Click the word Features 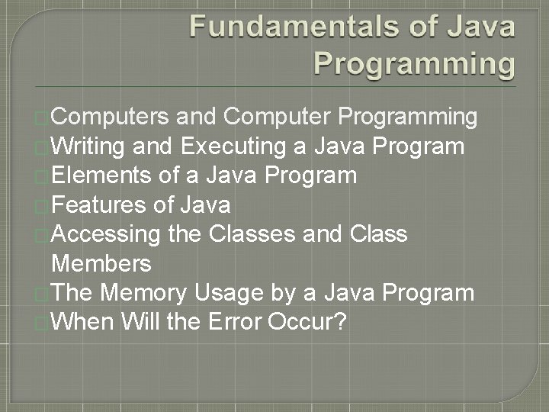point(100,204)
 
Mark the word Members point(101,264)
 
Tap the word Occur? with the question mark point(307,322)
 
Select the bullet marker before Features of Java point(41,206)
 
